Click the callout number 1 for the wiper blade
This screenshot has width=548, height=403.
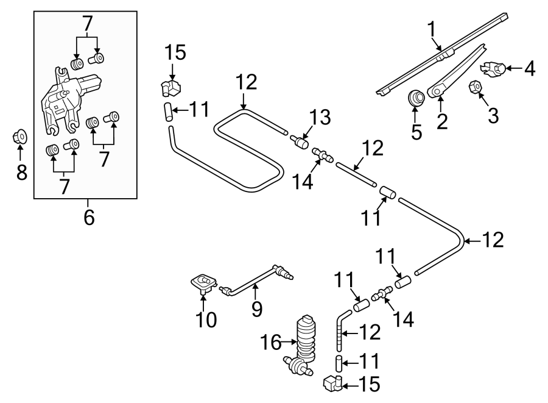pos(431,29)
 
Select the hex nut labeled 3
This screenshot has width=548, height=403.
pos(476,89)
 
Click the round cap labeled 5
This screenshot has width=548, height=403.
pos(416,98)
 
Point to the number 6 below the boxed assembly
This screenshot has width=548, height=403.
pos(89,217)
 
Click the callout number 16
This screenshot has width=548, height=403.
pos(272,344)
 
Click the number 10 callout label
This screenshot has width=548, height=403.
pos(206,319)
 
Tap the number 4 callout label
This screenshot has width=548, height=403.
pos(529,69)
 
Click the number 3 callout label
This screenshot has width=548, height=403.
pos(493,114)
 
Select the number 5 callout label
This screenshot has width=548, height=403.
pos(416,132)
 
